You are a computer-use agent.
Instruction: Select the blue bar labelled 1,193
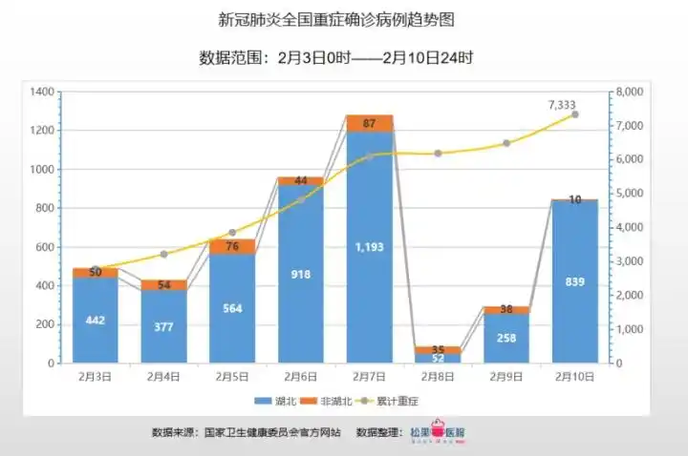click(370, 248)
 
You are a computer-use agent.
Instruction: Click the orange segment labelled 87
click(370, 123)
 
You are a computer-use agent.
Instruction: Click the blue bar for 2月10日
click(575, 281)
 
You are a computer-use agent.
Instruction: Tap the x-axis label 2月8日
click(438, 377)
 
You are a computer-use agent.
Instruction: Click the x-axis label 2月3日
click(96, 377)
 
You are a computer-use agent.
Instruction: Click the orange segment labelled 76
click(232, 246)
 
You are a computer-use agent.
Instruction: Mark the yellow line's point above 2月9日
click(506, 143)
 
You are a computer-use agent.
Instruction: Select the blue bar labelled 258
click(506, 338)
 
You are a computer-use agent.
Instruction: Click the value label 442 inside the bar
click(96, 320)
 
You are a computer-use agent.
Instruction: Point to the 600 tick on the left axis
click(43, 247)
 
